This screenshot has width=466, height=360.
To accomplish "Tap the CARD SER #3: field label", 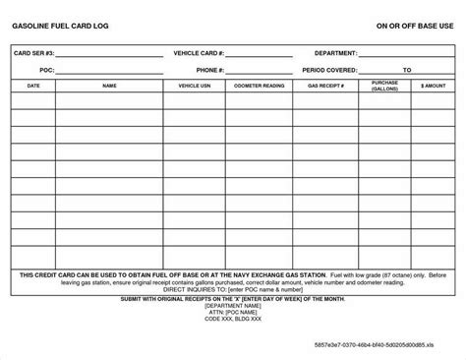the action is [32, 52].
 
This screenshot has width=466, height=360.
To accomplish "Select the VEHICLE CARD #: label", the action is [200, 52].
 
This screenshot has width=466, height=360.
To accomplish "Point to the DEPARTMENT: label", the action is [335, 52].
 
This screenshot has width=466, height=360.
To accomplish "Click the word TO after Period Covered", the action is [407, 70].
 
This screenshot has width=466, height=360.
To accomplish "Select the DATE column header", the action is [33, 88].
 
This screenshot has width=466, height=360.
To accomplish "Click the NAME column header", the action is [109, 88].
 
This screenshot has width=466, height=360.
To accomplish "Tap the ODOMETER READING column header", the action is [259, 88].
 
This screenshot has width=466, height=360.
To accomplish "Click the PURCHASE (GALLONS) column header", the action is [385, 87].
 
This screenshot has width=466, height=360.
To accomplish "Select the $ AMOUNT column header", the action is [434, 88].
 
